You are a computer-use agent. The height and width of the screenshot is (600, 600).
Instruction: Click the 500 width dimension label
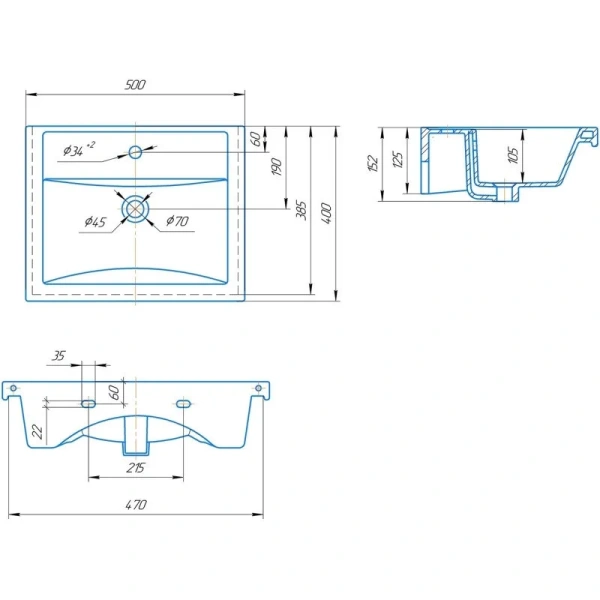[x=135, y=85]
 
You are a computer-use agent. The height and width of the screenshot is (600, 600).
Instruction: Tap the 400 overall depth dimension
[x=326, y=214]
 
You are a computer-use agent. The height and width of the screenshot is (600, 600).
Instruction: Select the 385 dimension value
[x=302, y=210]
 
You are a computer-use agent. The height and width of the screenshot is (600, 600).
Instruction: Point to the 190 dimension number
[x=276, y=166]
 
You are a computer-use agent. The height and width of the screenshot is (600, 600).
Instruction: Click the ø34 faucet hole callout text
[x=79, y=149]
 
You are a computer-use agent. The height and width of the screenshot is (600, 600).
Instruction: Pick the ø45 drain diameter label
[x=95, y=222]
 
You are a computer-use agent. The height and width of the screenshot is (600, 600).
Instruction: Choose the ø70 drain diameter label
[x=178, y=221]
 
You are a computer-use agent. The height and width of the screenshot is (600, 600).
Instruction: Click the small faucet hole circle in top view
[x=135, y=152]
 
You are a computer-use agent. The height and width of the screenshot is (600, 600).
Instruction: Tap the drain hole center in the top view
[x=135, y=209]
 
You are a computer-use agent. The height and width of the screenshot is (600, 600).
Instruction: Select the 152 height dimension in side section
[x=373, y=163]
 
